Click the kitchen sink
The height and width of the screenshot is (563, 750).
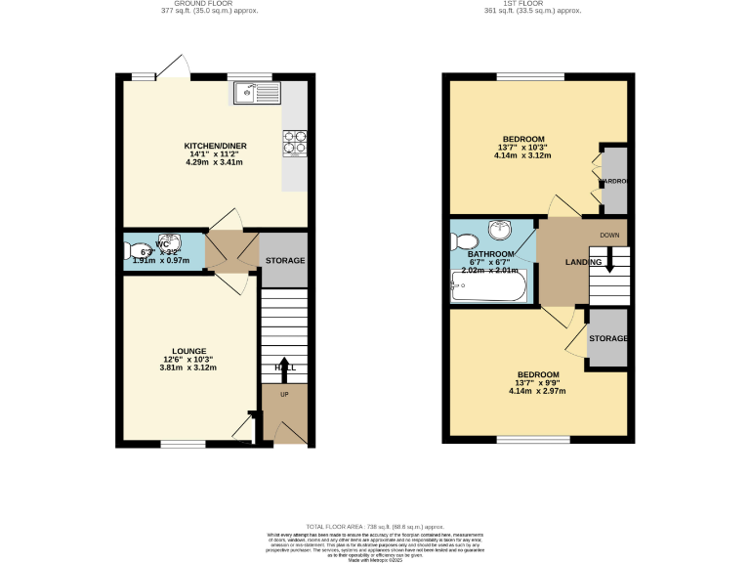[x=256, y=94]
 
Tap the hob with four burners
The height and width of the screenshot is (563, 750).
[x=295, y=143]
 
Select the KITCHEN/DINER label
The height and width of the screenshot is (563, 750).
[x=216, y=146]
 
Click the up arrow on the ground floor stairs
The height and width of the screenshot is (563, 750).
[x=285, y=368]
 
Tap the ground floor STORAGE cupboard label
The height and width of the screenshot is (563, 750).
[x=285, y=261]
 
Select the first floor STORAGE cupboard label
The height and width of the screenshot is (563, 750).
[x=607, y=338]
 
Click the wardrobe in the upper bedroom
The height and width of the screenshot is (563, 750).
[x=612, y=180]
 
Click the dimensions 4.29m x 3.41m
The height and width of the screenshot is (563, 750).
[x=216, y=162]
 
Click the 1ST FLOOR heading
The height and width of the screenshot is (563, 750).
[x=532, y=5]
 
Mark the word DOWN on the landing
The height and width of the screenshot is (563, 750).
[x=609, y=236]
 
